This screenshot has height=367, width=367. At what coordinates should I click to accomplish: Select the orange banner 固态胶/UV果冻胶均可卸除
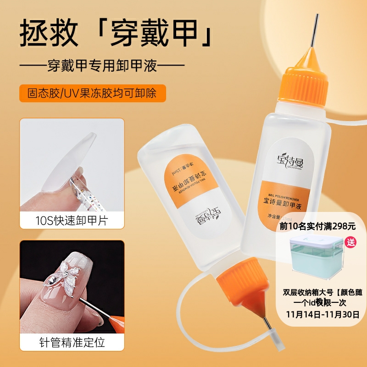pyautogui.click(x=92, y=93)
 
